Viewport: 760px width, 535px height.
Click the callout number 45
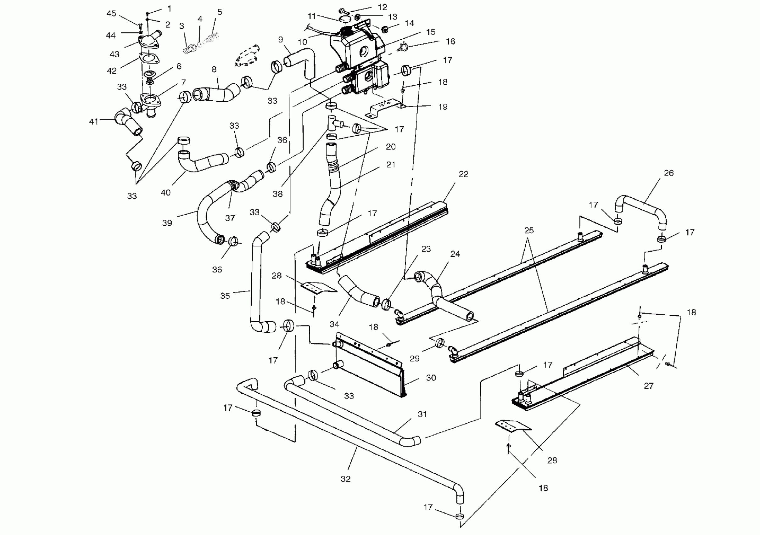111,14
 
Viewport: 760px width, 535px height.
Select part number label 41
94,122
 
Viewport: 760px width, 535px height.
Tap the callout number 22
463,174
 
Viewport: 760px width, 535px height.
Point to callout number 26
669,173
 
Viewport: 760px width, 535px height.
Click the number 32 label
346,479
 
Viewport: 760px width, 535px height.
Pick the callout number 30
431,378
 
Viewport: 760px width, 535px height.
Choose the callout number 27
649,386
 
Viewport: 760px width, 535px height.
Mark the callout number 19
443,107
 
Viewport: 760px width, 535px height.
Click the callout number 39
167,223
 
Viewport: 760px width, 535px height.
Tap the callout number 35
225,296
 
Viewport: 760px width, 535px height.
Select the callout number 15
431,32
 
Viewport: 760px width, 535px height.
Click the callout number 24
455,254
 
